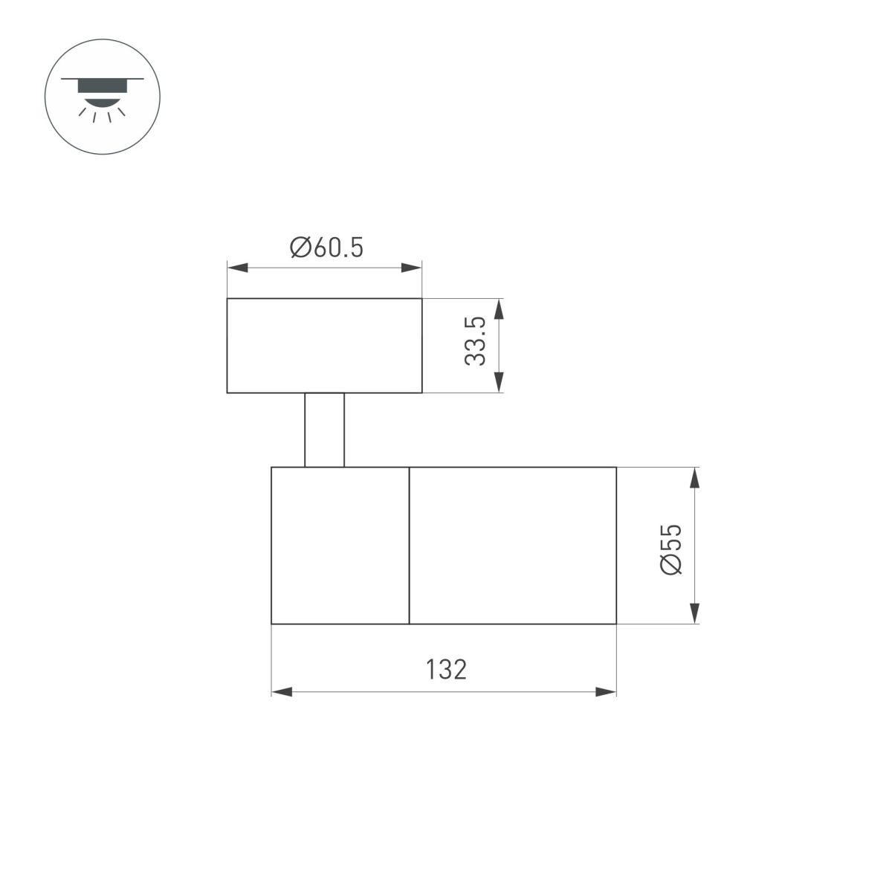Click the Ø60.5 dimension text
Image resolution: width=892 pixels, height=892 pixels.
[x=327, y=248]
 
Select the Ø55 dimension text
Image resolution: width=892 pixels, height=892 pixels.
[x=670, y=549]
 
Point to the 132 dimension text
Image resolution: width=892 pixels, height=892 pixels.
[x=446, y=670]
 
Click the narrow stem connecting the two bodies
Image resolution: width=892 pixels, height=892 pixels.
[x=324, y=430]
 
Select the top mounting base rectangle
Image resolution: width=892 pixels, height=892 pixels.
[x=324, y=346]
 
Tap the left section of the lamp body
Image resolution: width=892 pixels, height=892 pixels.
[x=340, y=546]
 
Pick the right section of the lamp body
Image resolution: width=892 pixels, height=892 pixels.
[x=513, y=546]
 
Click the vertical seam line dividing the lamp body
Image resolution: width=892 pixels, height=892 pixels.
[x=410, y=546]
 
